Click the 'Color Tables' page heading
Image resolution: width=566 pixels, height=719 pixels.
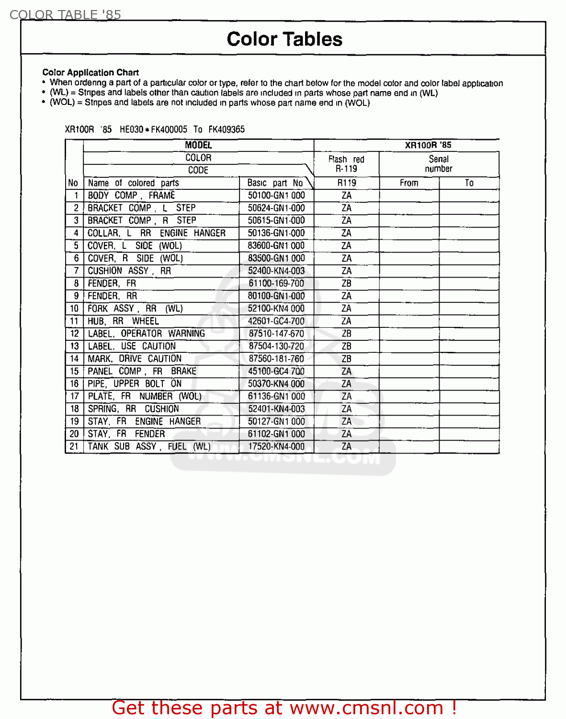coord(284,39)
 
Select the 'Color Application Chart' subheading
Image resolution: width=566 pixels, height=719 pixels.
coord(91,72)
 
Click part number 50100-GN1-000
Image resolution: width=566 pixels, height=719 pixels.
coord(276,196)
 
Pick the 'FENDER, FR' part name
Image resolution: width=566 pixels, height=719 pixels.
coord(112,283)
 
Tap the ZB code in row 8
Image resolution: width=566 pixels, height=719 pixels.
coord(347,283)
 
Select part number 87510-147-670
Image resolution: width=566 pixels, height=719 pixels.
coord(276,334)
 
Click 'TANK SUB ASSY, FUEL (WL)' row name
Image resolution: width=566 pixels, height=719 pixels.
coord(149,446)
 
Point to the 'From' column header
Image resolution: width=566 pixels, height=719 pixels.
coord(409,183)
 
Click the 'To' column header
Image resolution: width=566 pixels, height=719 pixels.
coord(469,183)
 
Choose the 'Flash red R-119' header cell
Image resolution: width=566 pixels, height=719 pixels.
coord(346,164)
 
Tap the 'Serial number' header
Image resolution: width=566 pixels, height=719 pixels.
coord(439,164)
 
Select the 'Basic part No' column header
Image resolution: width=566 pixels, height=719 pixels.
coord(275,183)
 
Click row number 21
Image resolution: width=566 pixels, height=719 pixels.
coord(74,446)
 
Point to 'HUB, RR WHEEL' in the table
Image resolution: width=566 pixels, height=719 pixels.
coord(123,321)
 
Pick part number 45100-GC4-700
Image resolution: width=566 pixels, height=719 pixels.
coord(276,371)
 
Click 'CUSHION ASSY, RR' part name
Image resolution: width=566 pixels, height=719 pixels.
coord(129,271)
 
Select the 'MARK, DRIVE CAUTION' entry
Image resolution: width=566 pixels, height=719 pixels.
coord(135,359)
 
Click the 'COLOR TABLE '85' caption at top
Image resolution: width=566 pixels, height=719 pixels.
coord(65,15)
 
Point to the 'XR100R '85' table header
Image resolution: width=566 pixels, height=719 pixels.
coord(428,145)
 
